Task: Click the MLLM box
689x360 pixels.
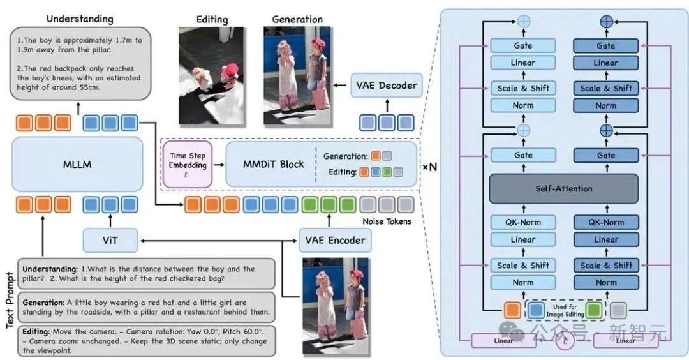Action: point(77,165)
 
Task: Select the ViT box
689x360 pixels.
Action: point(110,241)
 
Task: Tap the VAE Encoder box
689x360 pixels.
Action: point(336,241)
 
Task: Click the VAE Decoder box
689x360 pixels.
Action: point(387,86)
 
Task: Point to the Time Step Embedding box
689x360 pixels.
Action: point(188,165)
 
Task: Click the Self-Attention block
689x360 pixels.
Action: point(564,189)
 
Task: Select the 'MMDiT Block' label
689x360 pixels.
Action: point(273,165)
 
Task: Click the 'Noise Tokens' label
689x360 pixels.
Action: point(387,221)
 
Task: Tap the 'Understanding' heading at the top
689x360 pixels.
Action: point(80,19)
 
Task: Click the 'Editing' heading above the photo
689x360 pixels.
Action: point(212,20)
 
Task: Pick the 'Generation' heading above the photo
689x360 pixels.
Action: point(297,19)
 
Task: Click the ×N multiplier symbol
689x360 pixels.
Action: point(430,167)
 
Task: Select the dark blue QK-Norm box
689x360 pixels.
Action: point(606,222)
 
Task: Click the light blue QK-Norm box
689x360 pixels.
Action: point(523,222)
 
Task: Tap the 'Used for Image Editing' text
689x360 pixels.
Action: point(565,310)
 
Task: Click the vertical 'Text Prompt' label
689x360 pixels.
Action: point(10,300)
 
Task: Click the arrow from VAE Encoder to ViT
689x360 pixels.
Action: point(219,241)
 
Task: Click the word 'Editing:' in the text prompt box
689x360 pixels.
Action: point(36,332)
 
